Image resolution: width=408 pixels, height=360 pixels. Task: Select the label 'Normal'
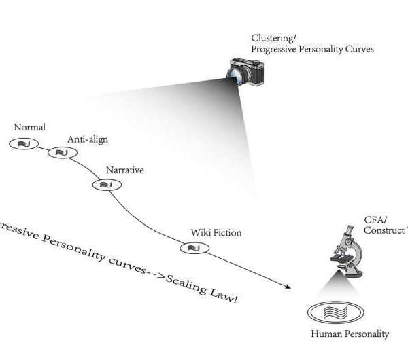(29, 127)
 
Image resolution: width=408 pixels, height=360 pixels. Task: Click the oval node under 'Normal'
(24, 143)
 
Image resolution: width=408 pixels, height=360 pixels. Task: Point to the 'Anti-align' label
(87, 139)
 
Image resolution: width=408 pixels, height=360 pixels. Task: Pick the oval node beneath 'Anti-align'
(61, 152)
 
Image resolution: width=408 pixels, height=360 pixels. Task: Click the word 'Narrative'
(124, 170)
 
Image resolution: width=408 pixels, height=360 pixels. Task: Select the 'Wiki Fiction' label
(216, 233)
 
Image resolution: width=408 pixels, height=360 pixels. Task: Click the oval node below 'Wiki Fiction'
(192, 249)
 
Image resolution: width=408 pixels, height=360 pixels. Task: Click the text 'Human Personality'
(350, 334)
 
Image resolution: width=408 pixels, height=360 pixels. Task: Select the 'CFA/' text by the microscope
(375, 219)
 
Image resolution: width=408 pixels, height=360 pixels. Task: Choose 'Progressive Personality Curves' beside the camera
(312, 49)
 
